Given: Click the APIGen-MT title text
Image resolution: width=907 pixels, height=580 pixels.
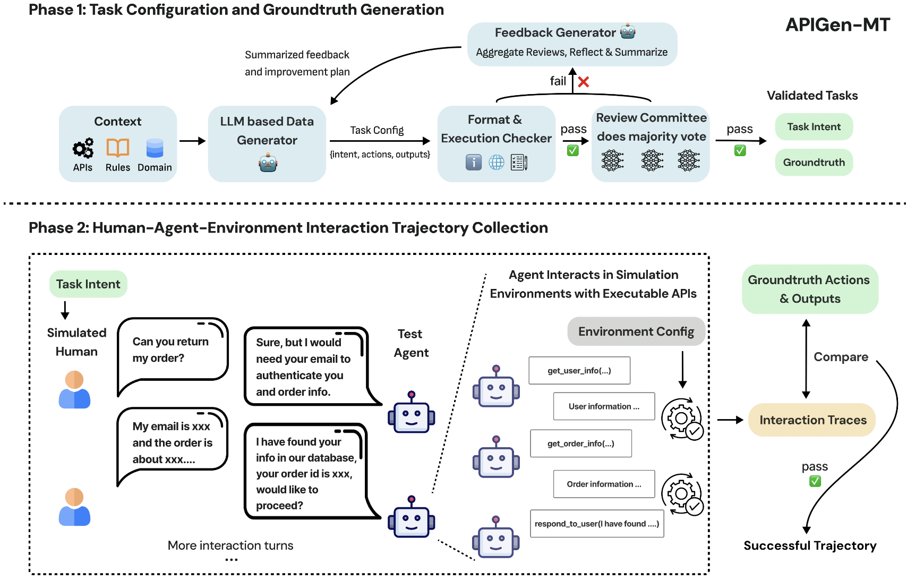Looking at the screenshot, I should [x=837, y=25].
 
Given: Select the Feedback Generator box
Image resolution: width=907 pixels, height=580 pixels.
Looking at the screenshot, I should [x=572, y=44].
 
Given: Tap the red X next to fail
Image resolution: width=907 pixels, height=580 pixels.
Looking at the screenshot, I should [x=584, y=82].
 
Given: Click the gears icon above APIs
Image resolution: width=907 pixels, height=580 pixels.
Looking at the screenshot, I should [x=83, y=148].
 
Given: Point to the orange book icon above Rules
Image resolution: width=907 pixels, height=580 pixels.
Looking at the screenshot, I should [x=118, y=148].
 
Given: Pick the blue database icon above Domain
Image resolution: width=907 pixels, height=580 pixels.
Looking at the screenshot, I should [x=155, y=148].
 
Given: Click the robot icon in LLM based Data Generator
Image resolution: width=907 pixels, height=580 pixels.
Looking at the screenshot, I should [x=268, y=163].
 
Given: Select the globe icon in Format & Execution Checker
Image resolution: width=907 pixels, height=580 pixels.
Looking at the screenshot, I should [x=497, y=163].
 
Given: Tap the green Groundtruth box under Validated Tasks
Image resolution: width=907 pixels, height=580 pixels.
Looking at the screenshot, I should [x=814, y=162].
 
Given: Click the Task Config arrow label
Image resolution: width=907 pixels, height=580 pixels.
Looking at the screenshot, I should [x=377, y=130].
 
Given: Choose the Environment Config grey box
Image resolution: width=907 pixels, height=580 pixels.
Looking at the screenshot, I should [x=636, y=331].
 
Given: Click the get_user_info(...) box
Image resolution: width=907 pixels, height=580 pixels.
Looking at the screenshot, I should [x=579, y=370].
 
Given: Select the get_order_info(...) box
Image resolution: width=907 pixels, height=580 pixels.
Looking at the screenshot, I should [x=581, y=443].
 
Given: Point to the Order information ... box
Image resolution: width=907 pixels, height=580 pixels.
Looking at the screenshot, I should [x=604, y=484].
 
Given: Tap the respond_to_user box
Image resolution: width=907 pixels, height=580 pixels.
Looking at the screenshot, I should [x=597, y=524].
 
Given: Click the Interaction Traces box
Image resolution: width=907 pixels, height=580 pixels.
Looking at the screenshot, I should [x=812, y=420].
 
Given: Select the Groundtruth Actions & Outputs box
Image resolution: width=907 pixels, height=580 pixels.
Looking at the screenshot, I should [x=809, y=289].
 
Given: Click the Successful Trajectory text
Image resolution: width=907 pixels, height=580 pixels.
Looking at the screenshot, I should [x=810, y=545].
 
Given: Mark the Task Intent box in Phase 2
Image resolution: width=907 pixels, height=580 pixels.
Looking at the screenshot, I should [x=88, y=284].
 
